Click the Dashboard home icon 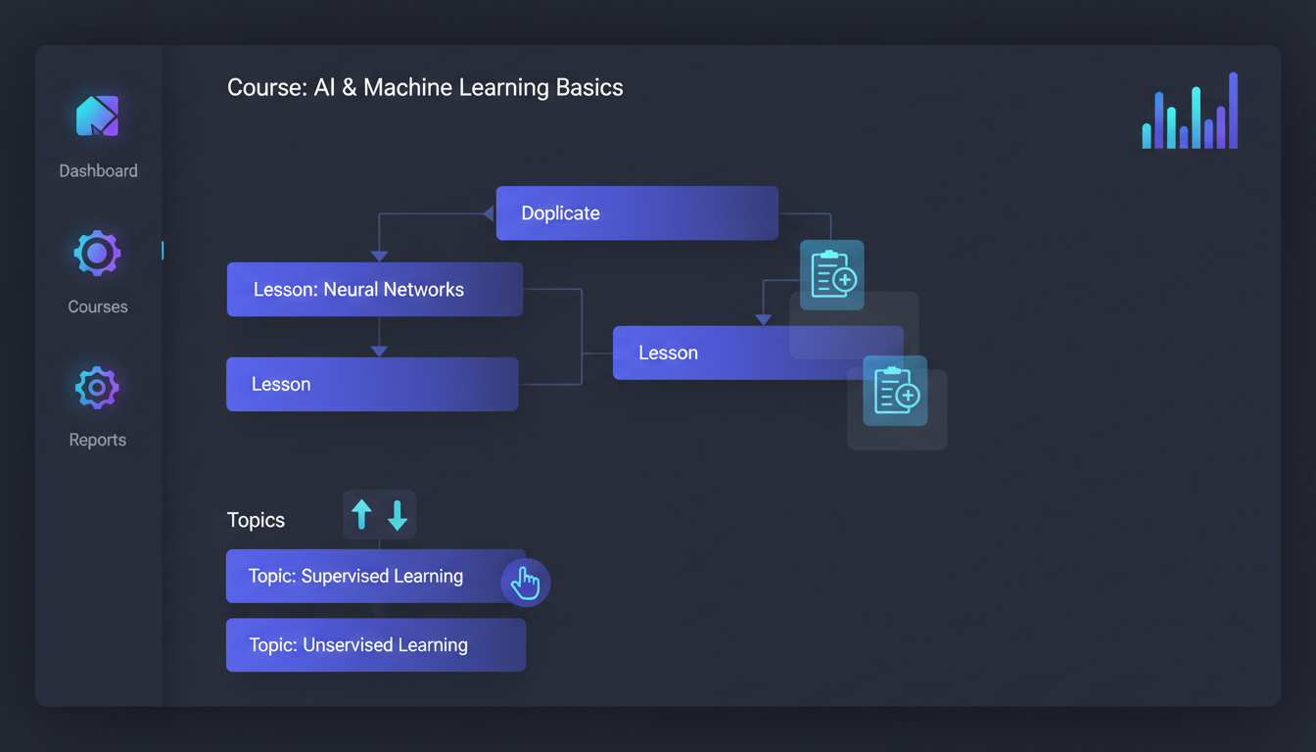click(x=98, y=116)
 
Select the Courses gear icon click(x=98, y=254)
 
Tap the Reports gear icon click(x=98, y=388)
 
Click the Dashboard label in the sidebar click(x=98, y=171)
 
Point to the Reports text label click(x=98, y=440)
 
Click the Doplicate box click(x=636, y=213)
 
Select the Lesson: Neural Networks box click(x=375, y=290)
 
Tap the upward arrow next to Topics click(x=361, y=515)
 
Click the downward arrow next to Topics click(x=398, y=515)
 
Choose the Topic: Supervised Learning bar click(x=375, y=576)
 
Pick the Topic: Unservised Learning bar click(x=376, y=645)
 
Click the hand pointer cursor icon click(x=525, y=583)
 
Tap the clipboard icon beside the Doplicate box click(x=832, y=275)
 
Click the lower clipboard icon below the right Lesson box click(x=895, y=391)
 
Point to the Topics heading click(x=256, y=520)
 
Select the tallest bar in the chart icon click(x=1233, y=111)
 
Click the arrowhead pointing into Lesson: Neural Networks click(x=379, y=257)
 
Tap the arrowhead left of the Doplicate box click(x=489, y=213)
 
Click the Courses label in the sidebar click(x=98, y=306)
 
